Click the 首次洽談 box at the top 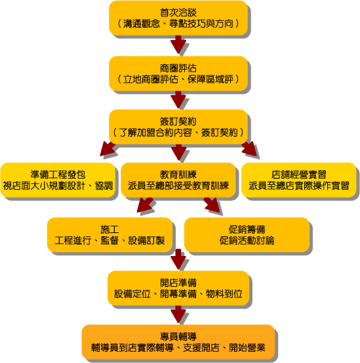pyautogui.click(x=178, y=18)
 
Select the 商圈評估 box pyautogui.click(x=178, y=74)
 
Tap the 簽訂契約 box pyautogui.click(x=178, y=127)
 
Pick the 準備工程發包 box pyautogui.click(x=58, y=180)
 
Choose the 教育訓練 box pyautogui.click(x=178, y=180)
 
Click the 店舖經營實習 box pyautogui.click(x=299, y=180)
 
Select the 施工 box pyautogui.click(x=110, y=235)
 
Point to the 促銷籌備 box pyautogui.click(x=247, y=235)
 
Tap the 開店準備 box pyautogui.click(x=178, y=288)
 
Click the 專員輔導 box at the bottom pyautogui.click(x=178, y=342)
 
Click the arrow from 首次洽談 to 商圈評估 pyautogui.click(x=178, y=45)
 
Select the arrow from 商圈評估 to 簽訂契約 pyautogui.click(x=178, y=100)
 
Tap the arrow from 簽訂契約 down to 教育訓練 pyautogui.click(x=179, y=152)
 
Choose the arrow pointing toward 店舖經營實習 pyautogui.click(x=249, y=148)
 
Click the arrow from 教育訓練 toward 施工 pyautogui.click(x=145, y=205)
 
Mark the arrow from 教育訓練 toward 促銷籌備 pyautogui.click(x=212, y=205)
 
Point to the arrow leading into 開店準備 pyautogui.click(x=178, y=259)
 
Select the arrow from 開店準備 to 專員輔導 pyautogui.click(x=178, y=314)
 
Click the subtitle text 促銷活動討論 pyautogui.click(x=247, y=240)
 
